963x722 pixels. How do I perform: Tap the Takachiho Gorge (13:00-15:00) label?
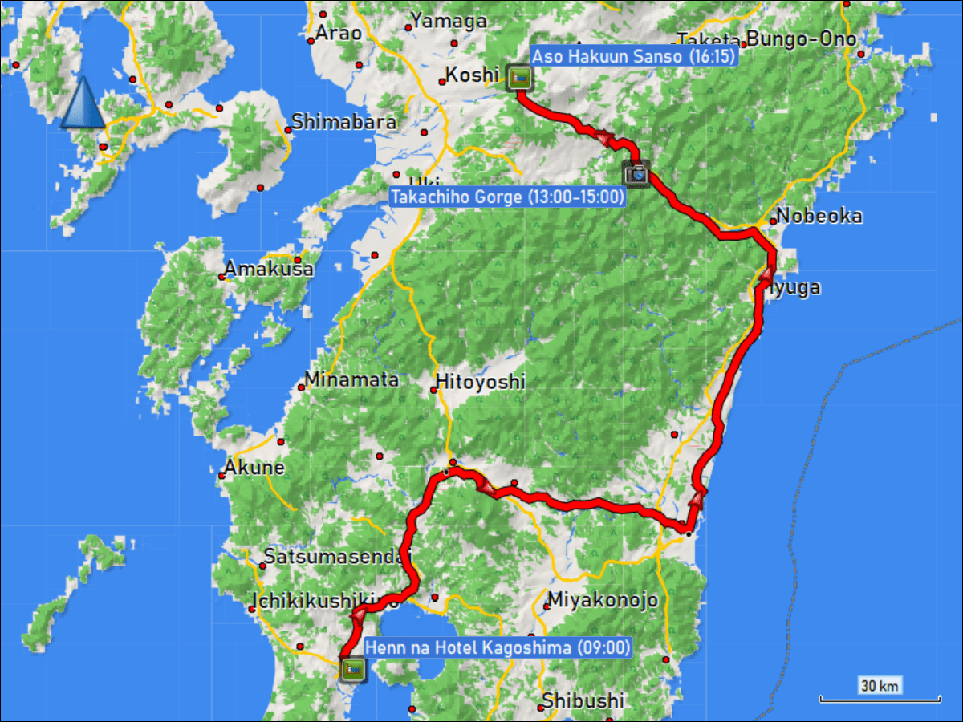pyautogui.click(x=507, y=197)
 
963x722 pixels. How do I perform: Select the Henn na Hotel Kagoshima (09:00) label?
pyautogui.click(x=498, y=647)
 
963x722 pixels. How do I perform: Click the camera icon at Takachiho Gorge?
pyautogui.click(x=636, y=172)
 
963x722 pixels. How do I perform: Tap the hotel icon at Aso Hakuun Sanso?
pyautogui.click(x=519, y=78)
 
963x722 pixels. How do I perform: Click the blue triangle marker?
pyautogui.click(x=82, y=103)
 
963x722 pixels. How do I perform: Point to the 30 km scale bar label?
pyautogui.click(x=880, y=685)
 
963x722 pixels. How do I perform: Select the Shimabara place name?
pyautogui.click(x=343, y=122)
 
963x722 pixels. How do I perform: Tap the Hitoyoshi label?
pyautogui.click(x=480, y=382)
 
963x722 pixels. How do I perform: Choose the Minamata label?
pyautogui.click(x=352, y=379)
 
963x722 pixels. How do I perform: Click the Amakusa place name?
pyautogui.click(x=268, y=269)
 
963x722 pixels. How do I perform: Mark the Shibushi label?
pyautogui.click(x=582, y=700)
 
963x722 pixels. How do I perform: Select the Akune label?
pyautogui.click(x=254, y=467)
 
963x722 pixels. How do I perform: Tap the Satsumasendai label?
pyautogui.click(x=337, y=556)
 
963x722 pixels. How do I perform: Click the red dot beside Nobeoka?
pyautogui.click(x=773, y=221)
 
